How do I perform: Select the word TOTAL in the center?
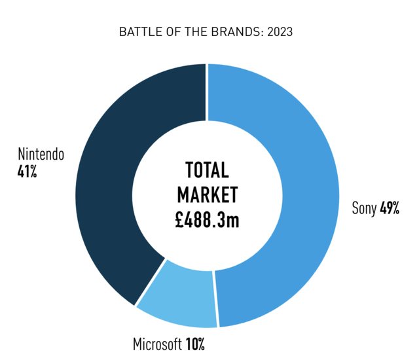[207, 171]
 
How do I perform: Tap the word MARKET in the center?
[207, 195]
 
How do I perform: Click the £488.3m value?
[207, 219]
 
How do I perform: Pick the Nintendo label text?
[41, 156]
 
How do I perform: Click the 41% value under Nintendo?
[28, 172]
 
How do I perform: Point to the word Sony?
[364, 209]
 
